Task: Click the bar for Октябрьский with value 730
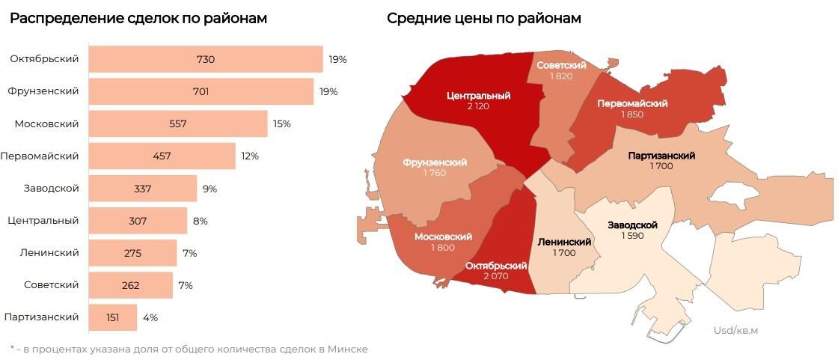click(x=206, y=59)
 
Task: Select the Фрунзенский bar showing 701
click(x=201, y=91)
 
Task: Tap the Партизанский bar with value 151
click(x=113, y=317)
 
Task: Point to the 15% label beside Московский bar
click(x=281, y=123)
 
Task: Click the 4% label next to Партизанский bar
click(x=150, y=317)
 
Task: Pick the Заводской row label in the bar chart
click(x=52, y=188)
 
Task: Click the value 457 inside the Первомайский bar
click(x=162, y=156)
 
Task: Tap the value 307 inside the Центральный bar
click(x=138, y=221)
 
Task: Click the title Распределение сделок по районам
click(x=138, y=19)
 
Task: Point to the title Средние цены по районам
click(x=483, y=19)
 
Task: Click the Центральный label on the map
click(x=478, y=96)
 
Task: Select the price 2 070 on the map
click(x=496, y=276)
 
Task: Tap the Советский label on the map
click(x=561, y=66)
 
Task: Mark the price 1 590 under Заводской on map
click(x=632, y=236)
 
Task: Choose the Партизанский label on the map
click(x=661, y=156)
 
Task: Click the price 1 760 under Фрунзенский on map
click(x=434, y=174)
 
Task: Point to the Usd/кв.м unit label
click(x=735, y=330)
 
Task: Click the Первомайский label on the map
click(x=632, y=103)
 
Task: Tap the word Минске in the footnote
click(x=349, y=349)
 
